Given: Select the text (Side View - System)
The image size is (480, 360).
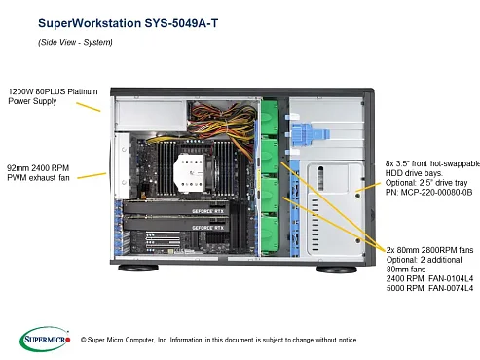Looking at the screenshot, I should click(x=76, y=42).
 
